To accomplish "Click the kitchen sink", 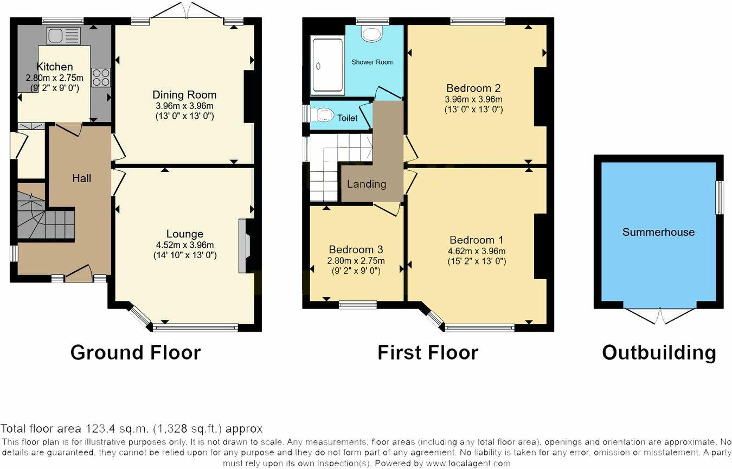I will [63, 36].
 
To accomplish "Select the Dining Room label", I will [184, 95].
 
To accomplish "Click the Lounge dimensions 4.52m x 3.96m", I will [184, 245].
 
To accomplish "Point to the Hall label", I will [82, 178].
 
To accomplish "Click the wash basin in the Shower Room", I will [372, 34].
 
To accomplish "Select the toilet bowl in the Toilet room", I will [324, 115].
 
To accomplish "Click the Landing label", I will [367, 184].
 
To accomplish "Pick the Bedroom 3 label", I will [356, 249].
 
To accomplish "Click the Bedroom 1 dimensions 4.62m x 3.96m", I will [472, 251].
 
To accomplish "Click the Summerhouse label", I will [658, 232].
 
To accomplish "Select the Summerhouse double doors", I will [659, 316].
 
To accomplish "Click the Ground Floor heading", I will [136, 352].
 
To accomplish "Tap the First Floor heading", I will [428, 352].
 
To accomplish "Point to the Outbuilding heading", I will [659, 352].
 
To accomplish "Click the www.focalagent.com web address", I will [468, 464].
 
